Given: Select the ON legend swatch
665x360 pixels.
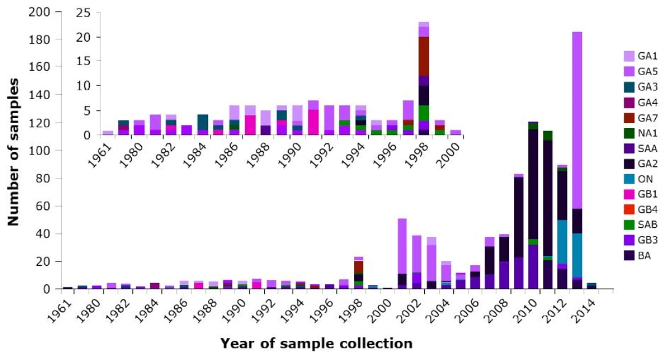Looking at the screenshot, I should click(629, 178).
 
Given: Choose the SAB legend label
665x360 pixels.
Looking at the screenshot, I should click(643, 225).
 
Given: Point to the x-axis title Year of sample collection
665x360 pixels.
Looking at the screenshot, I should click(316, 343).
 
